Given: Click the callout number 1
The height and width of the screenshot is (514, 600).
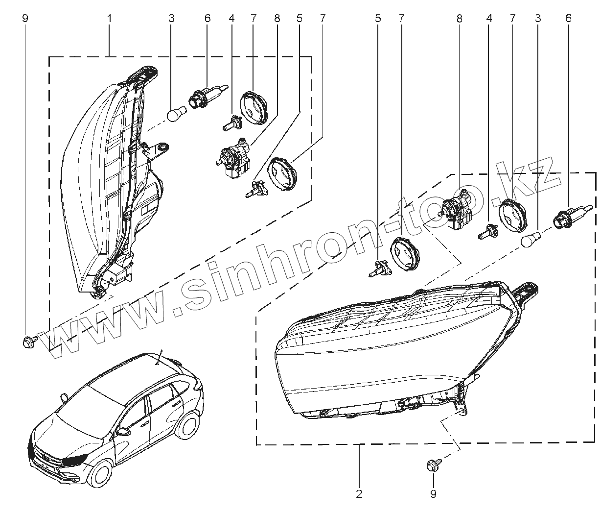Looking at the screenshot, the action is (110, 19).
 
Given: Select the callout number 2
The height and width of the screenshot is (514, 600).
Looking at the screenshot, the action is (359, 494).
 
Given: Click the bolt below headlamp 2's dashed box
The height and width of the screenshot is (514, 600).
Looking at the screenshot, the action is (433, 465).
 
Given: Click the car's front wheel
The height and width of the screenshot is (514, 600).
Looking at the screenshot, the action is (103, 475).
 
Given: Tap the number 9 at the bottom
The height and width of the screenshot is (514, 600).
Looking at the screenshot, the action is (433, 494).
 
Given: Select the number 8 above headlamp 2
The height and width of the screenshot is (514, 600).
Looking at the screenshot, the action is (459, 19).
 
